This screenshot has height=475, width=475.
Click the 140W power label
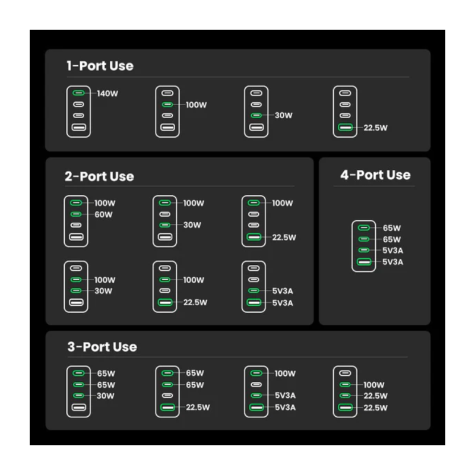pyautogui.click(x=107, y=93)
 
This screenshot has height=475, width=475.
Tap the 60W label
pyautogui.click(x=103, y=214)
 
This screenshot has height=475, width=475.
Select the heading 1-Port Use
pyautogui.click(x=100, y=66)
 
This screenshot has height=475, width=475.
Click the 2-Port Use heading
pyautogui.click(x=99, y=176)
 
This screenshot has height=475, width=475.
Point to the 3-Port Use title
pyautogui.click(x=102, y=347)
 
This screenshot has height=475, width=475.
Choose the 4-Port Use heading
pyautogui.click(x=375, y=175)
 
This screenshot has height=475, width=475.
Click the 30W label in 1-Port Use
pyautogui.click(x=284, y=115)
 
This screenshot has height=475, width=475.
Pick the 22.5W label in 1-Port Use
pyautogui.click(x=375, y=128)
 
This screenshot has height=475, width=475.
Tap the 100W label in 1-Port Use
pyautogui.click(x=196, y=105)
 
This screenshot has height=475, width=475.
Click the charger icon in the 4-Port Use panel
pyautogui.click(x=364, y=246)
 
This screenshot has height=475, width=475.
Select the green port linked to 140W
pyautogui.click(x=78, y=93)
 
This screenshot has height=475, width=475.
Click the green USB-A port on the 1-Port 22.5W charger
pyautogui.click(x=345, y=127)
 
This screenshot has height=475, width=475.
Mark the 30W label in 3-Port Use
pyautogui.click(x=106, y=396)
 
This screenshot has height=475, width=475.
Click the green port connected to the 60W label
pyautogui.click(x=76, y=214)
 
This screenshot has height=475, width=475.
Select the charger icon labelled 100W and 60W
pyautogui.click(x=76, y=221)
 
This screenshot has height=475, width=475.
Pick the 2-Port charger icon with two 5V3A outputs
pyautogui.click(x=254, y=287)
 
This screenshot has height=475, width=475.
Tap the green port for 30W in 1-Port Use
pyautogui.click(x=256, y=115)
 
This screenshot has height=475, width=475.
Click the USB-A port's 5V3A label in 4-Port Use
pyautogui.click(x=392, y=262)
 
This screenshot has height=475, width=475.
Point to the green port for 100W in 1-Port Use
pyautogui.click(x=167, y=104)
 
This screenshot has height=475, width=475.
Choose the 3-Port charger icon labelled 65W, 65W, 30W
pyautogui.click(x=78, y=391)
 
